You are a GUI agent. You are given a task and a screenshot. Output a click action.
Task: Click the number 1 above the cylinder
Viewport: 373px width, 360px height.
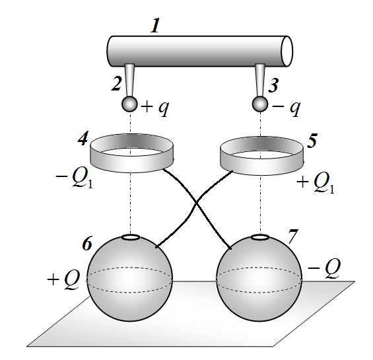[x=155, y=26]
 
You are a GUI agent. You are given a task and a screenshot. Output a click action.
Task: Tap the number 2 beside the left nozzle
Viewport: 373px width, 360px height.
[x=117, y=83]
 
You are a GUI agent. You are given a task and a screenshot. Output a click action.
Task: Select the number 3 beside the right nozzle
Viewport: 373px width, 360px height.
[x=273, y=85]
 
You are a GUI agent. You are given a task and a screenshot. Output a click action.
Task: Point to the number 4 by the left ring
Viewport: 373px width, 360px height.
[x=83, y=138]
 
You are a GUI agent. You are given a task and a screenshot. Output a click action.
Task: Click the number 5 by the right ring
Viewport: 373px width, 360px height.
[x=312, y=141]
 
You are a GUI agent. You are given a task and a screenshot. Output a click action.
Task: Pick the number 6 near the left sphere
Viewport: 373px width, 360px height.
[x=87, y=243]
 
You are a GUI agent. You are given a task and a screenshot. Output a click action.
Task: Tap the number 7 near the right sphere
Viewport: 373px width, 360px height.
[x=292, y=236]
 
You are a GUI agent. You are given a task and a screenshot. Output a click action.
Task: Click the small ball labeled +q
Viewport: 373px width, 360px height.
[x=129, y=104]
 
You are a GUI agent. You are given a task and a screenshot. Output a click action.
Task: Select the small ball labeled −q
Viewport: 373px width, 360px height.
[x=260, y=104]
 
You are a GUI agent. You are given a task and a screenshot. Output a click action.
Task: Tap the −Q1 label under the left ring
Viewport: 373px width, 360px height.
[x=74, y=178]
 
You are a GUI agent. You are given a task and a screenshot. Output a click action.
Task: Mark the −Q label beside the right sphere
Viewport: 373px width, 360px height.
[x=324, y=268]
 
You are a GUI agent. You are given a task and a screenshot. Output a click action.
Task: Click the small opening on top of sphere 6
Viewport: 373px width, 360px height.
[x=131, y=237]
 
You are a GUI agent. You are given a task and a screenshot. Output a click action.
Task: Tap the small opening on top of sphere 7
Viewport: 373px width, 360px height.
[x=260, y=237]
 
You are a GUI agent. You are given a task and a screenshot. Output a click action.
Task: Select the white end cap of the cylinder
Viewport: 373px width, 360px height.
[x=287, y=51]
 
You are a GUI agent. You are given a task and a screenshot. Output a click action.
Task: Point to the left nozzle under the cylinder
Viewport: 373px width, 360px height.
[x=129, y=80]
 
